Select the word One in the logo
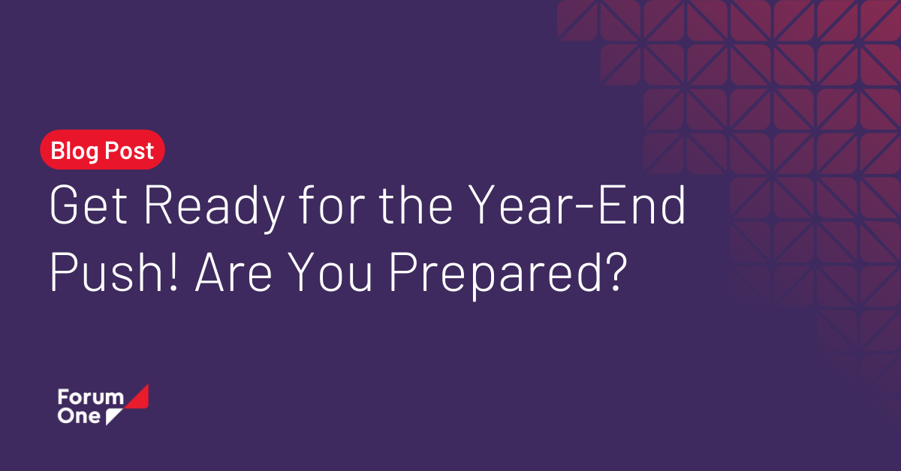coord(78,416)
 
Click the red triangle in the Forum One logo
coord(139,397)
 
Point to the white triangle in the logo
coord(113,418)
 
